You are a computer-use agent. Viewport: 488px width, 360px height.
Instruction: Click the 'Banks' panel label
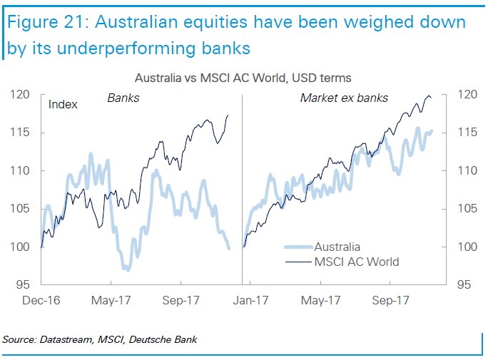tap(123, 98)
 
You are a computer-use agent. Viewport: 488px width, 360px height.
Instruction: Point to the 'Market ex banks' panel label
tap(345, 98)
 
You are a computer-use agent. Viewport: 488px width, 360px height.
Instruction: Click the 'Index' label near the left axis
tap(63, 105)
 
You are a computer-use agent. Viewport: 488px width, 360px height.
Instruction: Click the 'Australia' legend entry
tap(337, 247)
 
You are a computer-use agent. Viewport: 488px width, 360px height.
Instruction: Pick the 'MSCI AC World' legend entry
tap(356, 262)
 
